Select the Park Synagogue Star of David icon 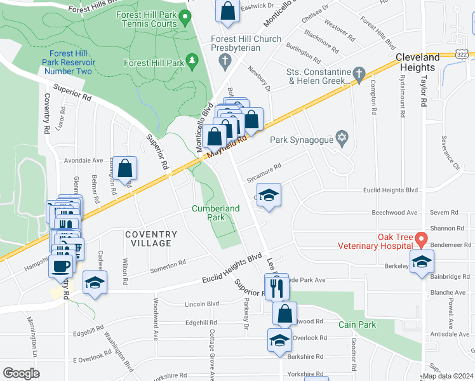[x=342, y=139]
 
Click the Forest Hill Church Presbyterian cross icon [x=223, y=60]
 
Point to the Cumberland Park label [x=217, y=213]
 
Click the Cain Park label [x=357, y=324]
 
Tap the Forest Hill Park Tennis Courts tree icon [x=187, y=16]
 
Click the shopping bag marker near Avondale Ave [x=126, y=168]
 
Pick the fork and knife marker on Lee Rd [x=277, y=288]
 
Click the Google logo [x=22, y=373]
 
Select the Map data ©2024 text [x=448, y=376]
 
